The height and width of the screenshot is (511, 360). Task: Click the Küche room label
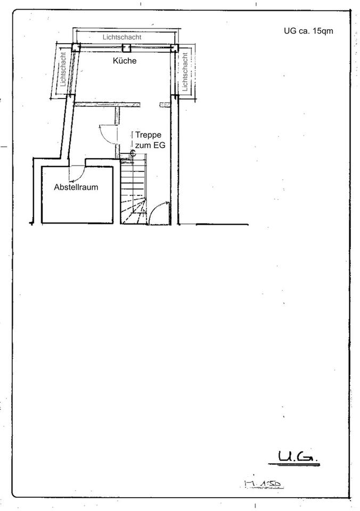(x=125, y=61)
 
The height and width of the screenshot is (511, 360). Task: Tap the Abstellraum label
(x=76, y=187)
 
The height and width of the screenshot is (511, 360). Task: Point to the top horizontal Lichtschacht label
(x=122, y=37)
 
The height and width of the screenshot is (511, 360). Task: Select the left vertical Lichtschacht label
(x=63, y=72)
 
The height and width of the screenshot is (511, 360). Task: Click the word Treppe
(x=148, y=135)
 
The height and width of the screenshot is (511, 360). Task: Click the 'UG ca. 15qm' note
(x=308, y=31)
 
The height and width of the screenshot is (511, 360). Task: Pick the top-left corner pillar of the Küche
(x=76, y=47)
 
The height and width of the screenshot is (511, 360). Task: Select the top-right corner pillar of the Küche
(x=174, y=47)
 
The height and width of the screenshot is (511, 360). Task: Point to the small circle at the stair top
(x=133, y=152)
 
